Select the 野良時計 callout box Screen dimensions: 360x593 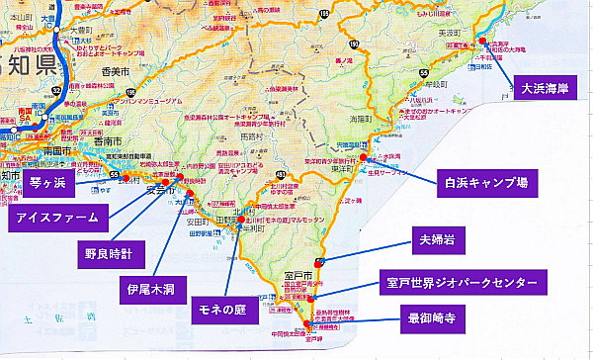click(x=114, y=254)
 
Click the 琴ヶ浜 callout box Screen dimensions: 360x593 click(x=47, y=184)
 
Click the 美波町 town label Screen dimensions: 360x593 click(x=450, y=33)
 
